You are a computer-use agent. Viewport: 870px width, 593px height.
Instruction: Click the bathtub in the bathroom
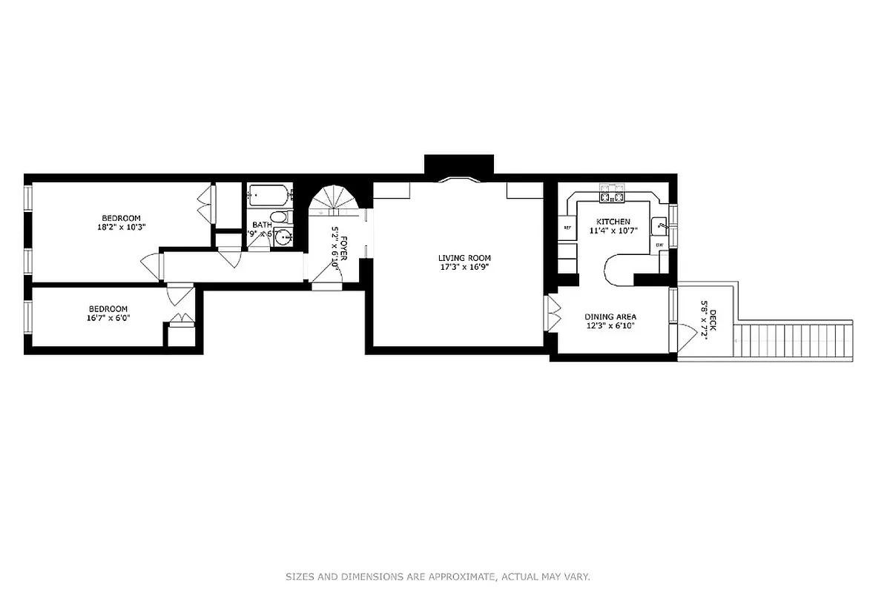268,196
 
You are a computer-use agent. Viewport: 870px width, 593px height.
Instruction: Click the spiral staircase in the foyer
335,200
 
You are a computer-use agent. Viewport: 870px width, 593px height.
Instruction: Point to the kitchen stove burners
613,197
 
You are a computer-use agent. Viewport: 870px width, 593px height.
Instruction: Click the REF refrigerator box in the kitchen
567,228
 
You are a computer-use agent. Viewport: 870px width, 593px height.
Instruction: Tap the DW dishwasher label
659,244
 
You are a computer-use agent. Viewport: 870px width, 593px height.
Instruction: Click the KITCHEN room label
614,222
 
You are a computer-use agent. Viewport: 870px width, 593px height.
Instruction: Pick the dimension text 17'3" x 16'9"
464,267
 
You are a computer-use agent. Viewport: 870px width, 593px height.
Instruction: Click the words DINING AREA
610,317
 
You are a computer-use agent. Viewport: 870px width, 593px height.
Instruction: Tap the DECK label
713,319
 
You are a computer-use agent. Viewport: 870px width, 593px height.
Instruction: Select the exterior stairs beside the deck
794,340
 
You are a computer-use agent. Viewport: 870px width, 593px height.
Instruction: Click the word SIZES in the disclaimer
300,576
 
